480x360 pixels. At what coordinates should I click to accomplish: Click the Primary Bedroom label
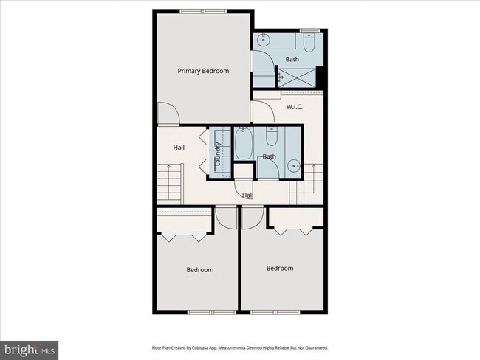tap(203, 71)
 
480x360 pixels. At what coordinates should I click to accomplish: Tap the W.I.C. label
tap(295, 107)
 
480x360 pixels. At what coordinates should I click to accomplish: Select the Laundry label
tap(218, 154)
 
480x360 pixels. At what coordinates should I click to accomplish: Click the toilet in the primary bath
tap(309, 44)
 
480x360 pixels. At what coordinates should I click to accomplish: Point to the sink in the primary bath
tap(263, 39)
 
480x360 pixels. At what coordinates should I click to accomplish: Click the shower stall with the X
tap(297, 77)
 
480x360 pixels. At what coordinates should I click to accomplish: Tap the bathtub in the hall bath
tap(244, 143)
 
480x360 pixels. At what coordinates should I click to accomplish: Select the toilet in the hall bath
tap(271, 136)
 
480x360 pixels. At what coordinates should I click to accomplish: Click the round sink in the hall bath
tap(294, 166)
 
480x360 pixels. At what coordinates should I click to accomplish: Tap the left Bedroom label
tap(200, 270)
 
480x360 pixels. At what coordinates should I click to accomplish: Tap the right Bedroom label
tap(280, 269)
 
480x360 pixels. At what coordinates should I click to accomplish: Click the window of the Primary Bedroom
tap(203, 12)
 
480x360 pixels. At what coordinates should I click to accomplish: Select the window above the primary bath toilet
tap(309, 30)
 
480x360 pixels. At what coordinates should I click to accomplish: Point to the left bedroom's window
tap(211, 312)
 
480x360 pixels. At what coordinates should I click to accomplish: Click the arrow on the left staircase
tap(168, 182)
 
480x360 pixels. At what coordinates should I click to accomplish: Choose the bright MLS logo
tap(29, 350)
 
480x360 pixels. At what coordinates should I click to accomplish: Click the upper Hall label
tap(179, 148)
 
